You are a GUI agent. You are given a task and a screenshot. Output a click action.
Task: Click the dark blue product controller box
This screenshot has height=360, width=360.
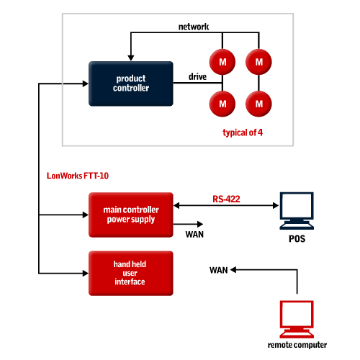tap(131, 84)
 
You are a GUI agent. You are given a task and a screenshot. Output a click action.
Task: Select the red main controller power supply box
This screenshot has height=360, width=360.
tap(131, 215)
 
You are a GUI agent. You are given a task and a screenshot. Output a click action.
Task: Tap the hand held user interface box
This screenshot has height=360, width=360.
tap(131, 273)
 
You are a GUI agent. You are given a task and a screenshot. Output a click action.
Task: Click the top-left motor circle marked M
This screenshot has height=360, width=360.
tap(222, 62)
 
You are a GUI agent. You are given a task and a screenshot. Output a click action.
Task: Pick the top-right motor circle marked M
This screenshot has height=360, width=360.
tap(258, 62)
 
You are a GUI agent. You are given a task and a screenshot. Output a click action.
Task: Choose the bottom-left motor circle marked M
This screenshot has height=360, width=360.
tap(222, 104)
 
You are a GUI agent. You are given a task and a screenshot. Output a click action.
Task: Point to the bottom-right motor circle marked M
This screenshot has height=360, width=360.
tap(258, 104)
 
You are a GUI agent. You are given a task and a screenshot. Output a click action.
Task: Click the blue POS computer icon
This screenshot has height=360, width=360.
tap(297, 211)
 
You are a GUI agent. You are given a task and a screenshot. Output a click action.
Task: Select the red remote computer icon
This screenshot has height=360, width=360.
tap(297, 319)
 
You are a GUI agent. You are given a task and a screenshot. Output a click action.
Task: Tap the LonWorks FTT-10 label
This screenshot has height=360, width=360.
tap(78, 176)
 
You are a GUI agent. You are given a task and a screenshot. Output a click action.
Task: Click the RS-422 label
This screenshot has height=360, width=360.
tap(226, 199)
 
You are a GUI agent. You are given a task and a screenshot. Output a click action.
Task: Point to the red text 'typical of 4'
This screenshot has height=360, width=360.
tap(243, 132)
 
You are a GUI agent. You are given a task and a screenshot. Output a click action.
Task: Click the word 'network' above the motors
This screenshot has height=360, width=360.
tap(194, 27)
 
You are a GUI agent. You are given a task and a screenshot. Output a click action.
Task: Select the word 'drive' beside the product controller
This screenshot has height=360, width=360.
tap(197, 76)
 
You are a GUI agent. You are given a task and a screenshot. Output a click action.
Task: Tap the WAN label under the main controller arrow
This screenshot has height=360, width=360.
tap(194, 234)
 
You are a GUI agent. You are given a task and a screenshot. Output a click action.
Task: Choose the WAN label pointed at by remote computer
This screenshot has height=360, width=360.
tap(219, 270)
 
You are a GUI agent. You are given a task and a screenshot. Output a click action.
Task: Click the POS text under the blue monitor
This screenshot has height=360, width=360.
tap(297, 239)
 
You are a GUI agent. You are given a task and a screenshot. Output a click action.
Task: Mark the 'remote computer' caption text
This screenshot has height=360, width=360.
tap(297, 345)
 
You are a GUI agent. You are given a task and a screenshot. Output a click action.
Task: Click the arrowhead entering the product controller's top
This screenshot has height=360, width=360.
tap(131, 58)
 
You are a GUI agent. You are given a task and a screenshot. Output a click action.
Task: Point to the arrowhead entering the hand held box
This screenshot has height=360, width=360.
tap(85, 273)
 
